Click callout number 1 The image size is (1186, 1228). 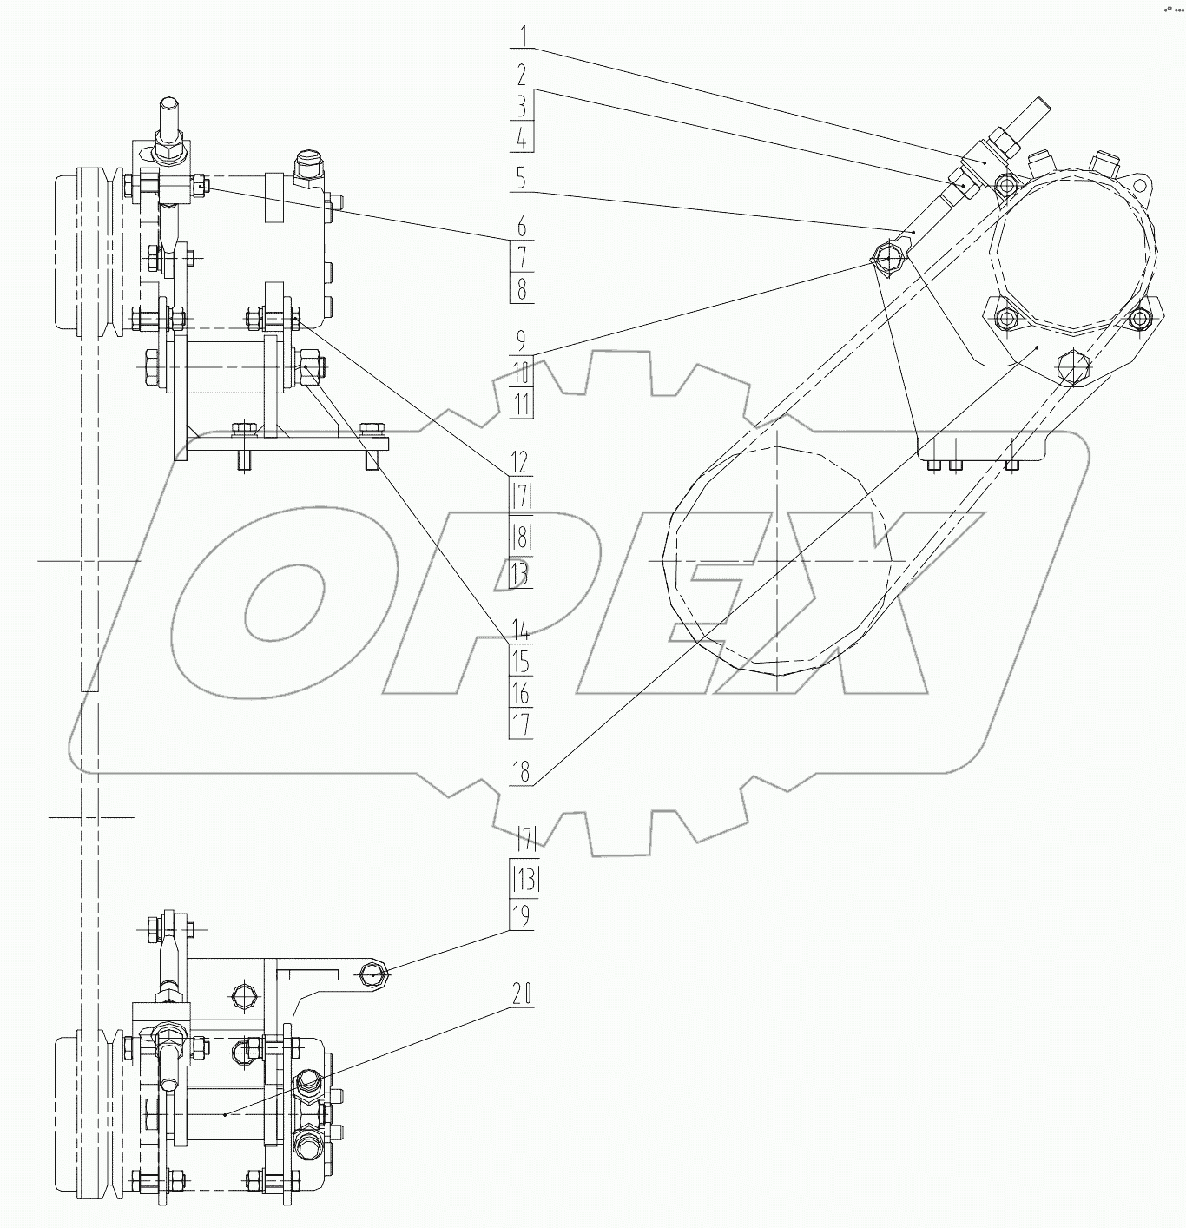(522, 37)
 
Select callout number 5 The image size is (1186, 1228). (521, 178)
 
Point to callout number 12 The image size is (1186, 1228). (520, 461)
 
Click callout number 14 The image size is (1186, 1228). (520, 630)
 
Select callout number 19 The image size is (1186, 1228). (521, 917)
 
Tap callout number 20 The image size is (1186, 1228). (521, 994)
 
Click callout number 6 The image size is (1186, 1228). (521, 227)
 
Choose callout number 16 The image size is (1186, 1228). (521, 693)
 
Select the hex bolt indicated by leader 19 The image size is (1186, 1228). (373, 976)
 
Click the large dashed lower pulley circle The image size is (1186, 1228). (777, 560)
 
